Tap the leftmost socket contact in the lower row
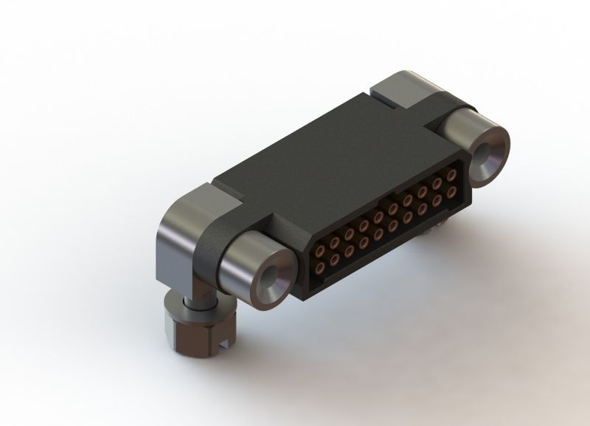click(x=321, y=267)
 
